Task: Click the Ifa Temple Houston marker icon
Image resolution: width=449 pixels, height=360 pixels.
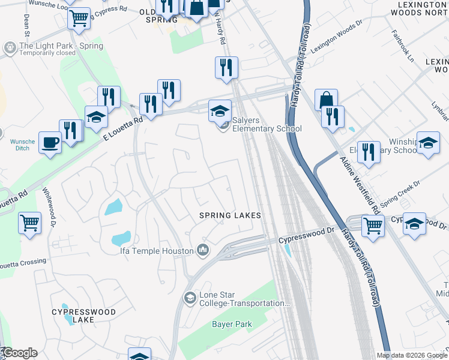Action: coord(203,250)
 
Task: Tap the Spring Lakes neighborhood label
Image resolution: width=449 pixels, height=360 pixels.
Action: coord(231,215)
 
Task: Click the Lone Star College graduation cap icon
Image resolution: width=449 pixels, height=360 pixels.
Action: coord(190,298)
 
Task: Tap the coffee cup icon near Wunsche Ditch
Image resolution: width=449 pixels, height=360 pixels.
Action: coord(50,143)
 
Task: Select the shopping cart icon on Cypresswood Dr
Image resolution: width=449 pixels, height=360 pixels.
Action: coord(373,226)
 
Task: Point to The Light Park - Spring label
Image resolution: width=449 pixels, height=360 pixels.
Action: coord(61,46)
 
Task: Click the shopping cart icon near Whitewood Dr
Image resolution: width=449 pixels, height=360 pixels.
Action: coord(29,223)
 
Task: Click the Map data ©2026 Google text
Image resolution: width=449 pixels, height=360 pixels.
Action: coord(412,355)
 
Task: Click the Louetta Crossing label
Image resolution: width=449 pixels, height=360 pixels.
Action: coord(23,262)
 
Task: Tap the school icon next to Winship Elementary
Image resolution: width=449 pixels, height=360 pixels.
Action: coord(428,143)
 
